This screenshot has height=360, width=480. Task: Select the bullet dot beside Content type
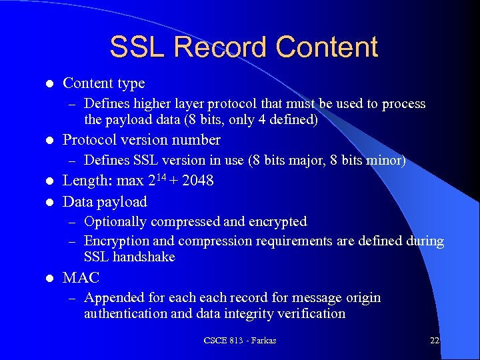49,84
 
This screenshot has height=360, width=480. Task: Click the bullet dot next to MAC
49,279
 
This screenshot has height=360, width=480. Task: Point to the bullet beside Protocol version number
49,141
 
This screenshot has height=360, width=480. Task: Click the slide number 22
434,341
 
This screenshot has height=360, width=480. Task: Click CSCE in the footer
215,341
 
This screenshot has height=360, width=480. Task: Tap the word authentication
124,313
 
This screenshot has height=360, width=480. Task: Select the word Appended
111,297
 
